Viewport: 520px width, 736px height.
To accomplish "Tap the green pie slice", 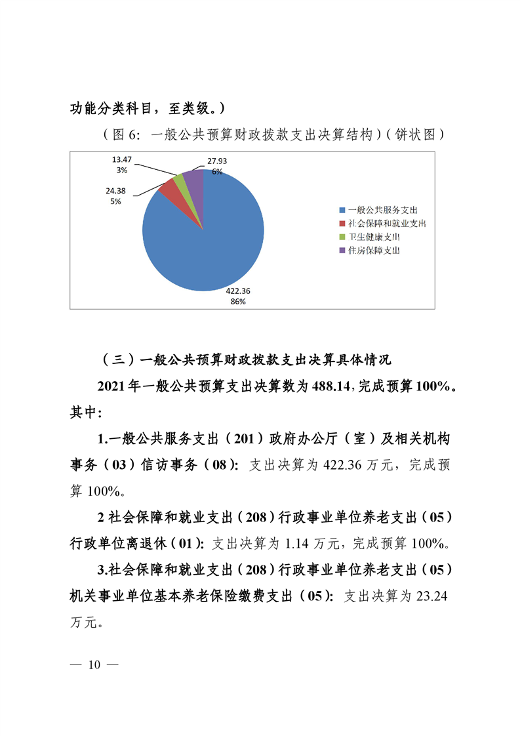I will tap(180, 181).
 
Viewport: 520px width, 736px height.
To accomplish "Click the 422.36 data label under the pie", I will tap(237, 291).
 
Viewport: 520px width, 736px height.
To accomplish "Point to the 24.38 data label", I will tap(116, 191).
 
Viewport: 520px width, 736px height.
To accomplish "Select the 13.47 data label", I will tap(123, 159).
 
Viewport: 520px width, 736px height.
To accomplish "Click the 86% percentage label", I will tap(237, 301).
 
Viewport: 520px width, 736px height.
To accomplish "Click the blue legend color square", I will tap(342, 210).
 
